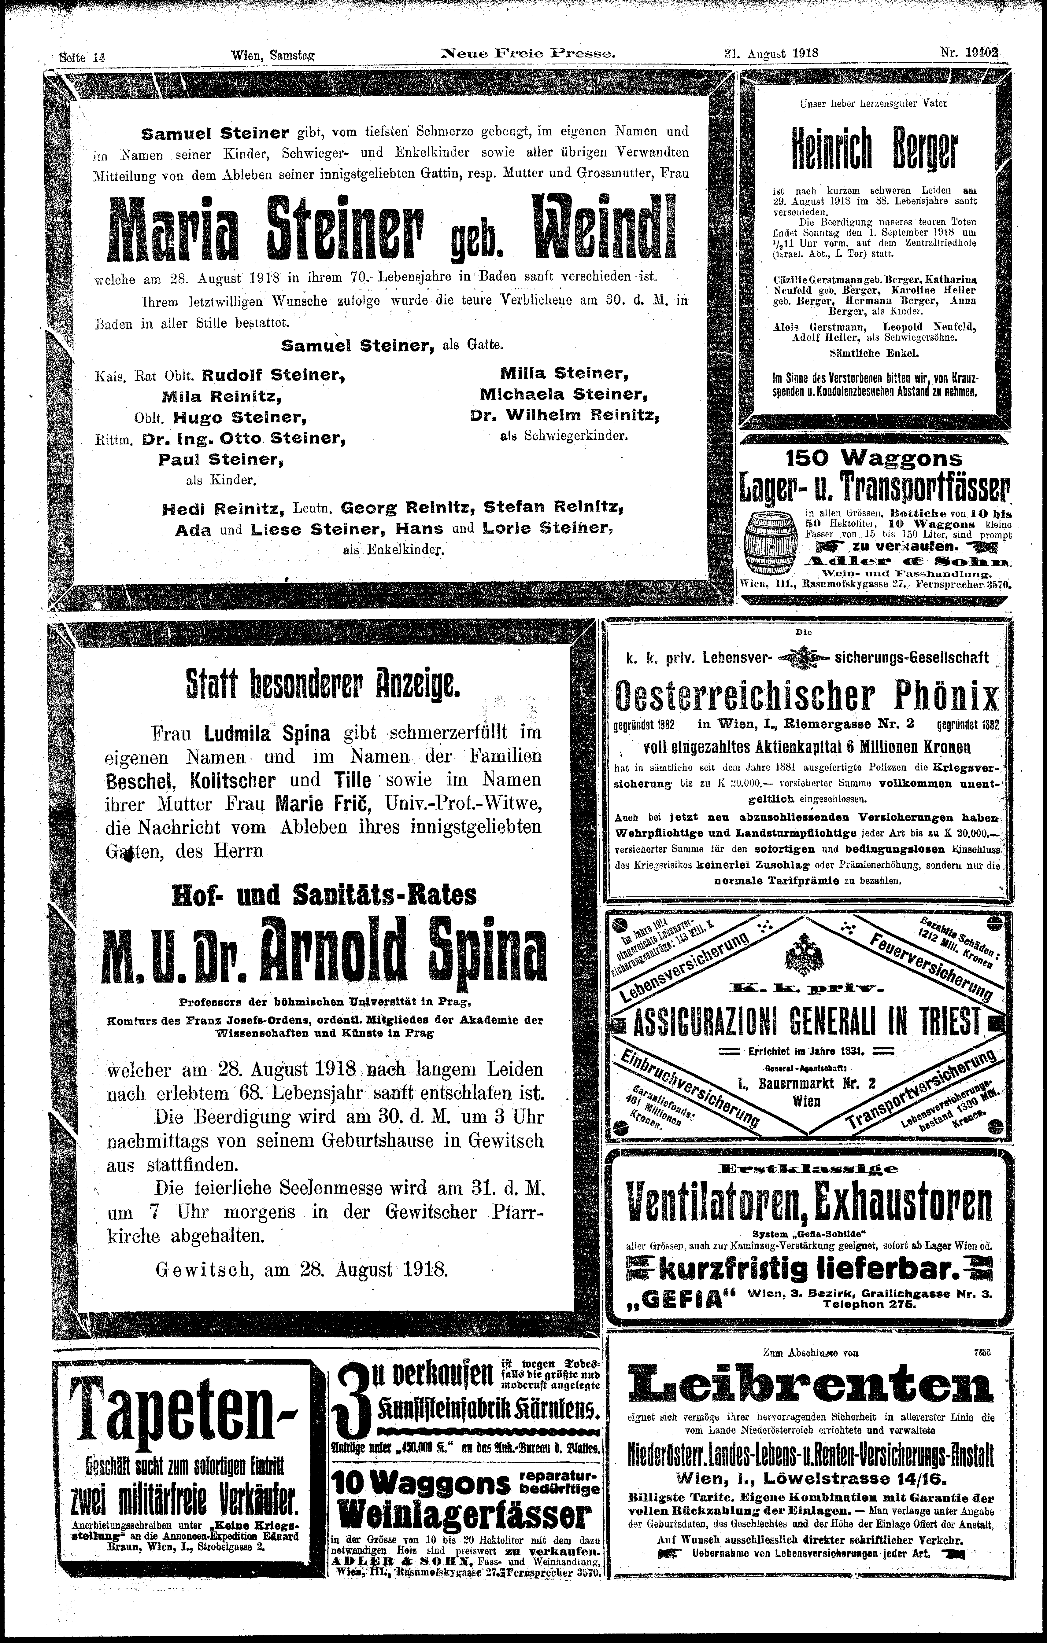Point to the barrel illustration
pyautogui.click(x=771, y=542)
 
